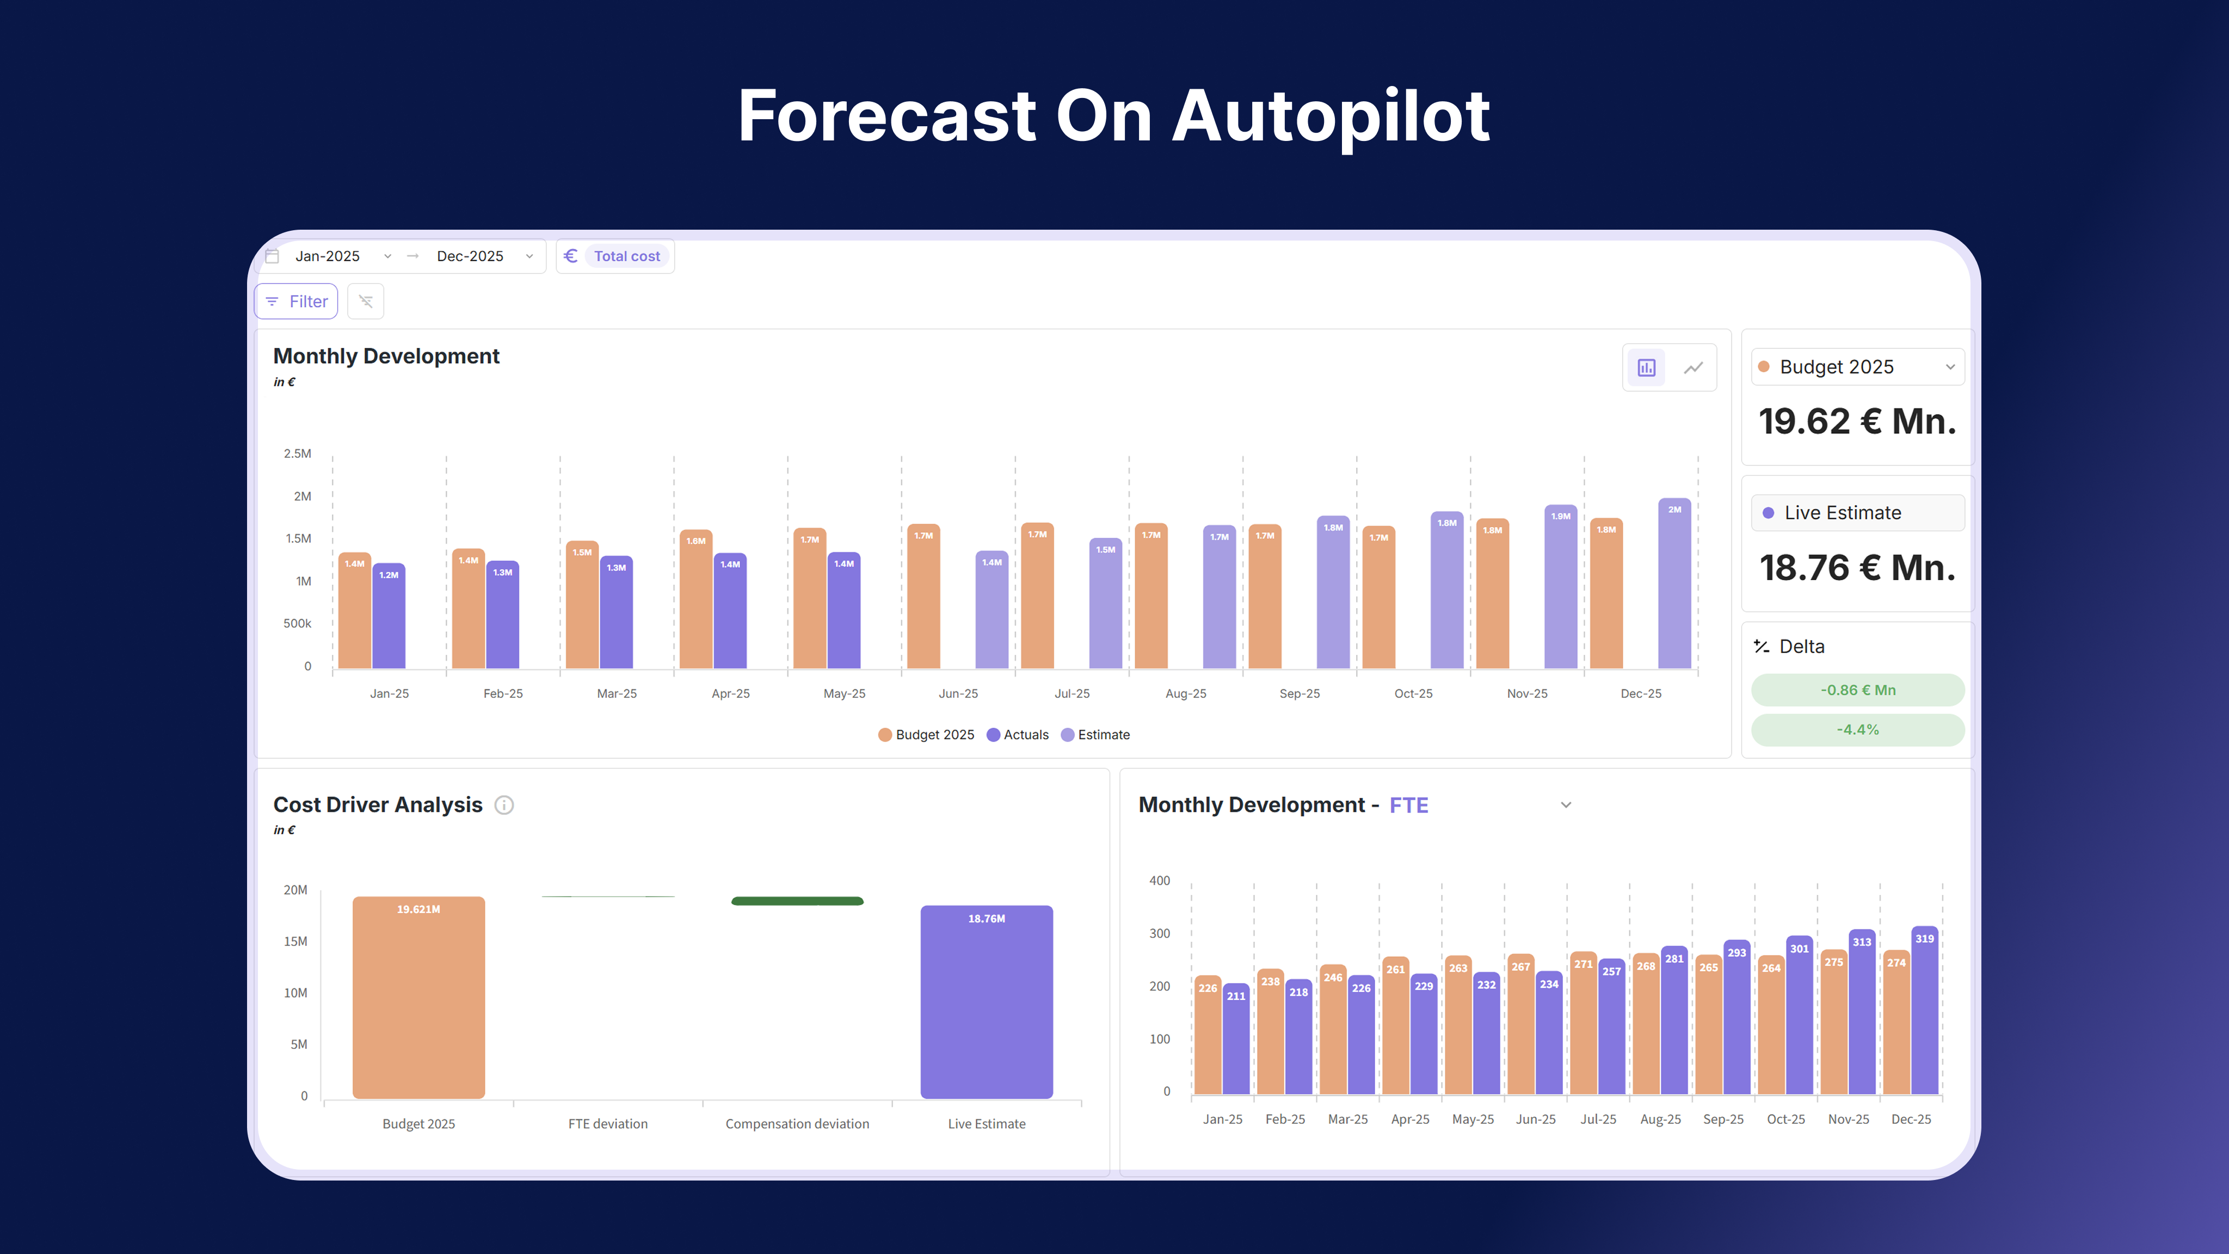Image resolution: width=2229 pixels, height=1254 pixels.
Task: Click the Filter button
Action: [x=296, y=301]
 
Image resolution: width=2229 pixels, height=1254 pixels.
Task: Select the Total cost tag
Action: [x=626, y=256]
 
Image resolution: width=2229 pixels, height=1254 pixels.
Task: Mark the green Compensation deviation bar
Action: [x=797, y=901]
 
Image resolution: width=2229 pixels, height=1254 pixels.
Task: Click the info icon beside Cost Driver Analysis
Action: [x=503, y=805]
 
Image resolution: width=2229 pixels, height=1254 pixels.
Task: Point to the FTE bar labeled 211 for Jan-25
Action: [x=1236, y=1038]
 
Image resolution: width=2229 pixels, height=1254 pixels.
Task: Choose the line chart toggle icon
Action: [x=1692, y=368]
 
